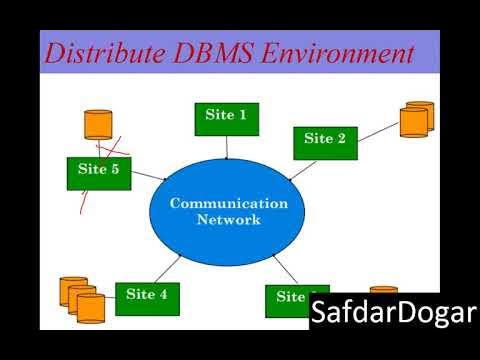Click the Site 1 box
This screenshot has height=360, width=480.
click(x=227, y=116)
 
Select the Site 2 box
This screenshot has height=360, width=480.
click(x=324, y=140)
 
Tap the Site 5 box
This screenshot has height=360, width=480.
click(x=98, y=171)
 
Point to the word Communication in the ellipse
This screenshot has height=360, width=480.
click(x=228, y=203)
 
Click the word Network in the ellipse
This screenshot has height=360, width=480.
click(x=228, y=220)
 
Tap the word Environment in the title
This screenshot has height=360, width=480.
click(x=339, y=53)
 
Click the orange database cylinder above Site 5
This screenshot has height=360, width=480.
click(x=98, y=125)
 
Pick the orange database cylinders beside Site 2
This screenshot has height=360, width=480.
click(x=416, y=119)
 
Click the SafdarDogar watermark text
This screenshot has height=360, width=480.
click(x=393, y=314)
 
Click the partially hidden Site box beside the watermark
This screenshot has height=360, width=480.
click(x=287, y=298)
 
